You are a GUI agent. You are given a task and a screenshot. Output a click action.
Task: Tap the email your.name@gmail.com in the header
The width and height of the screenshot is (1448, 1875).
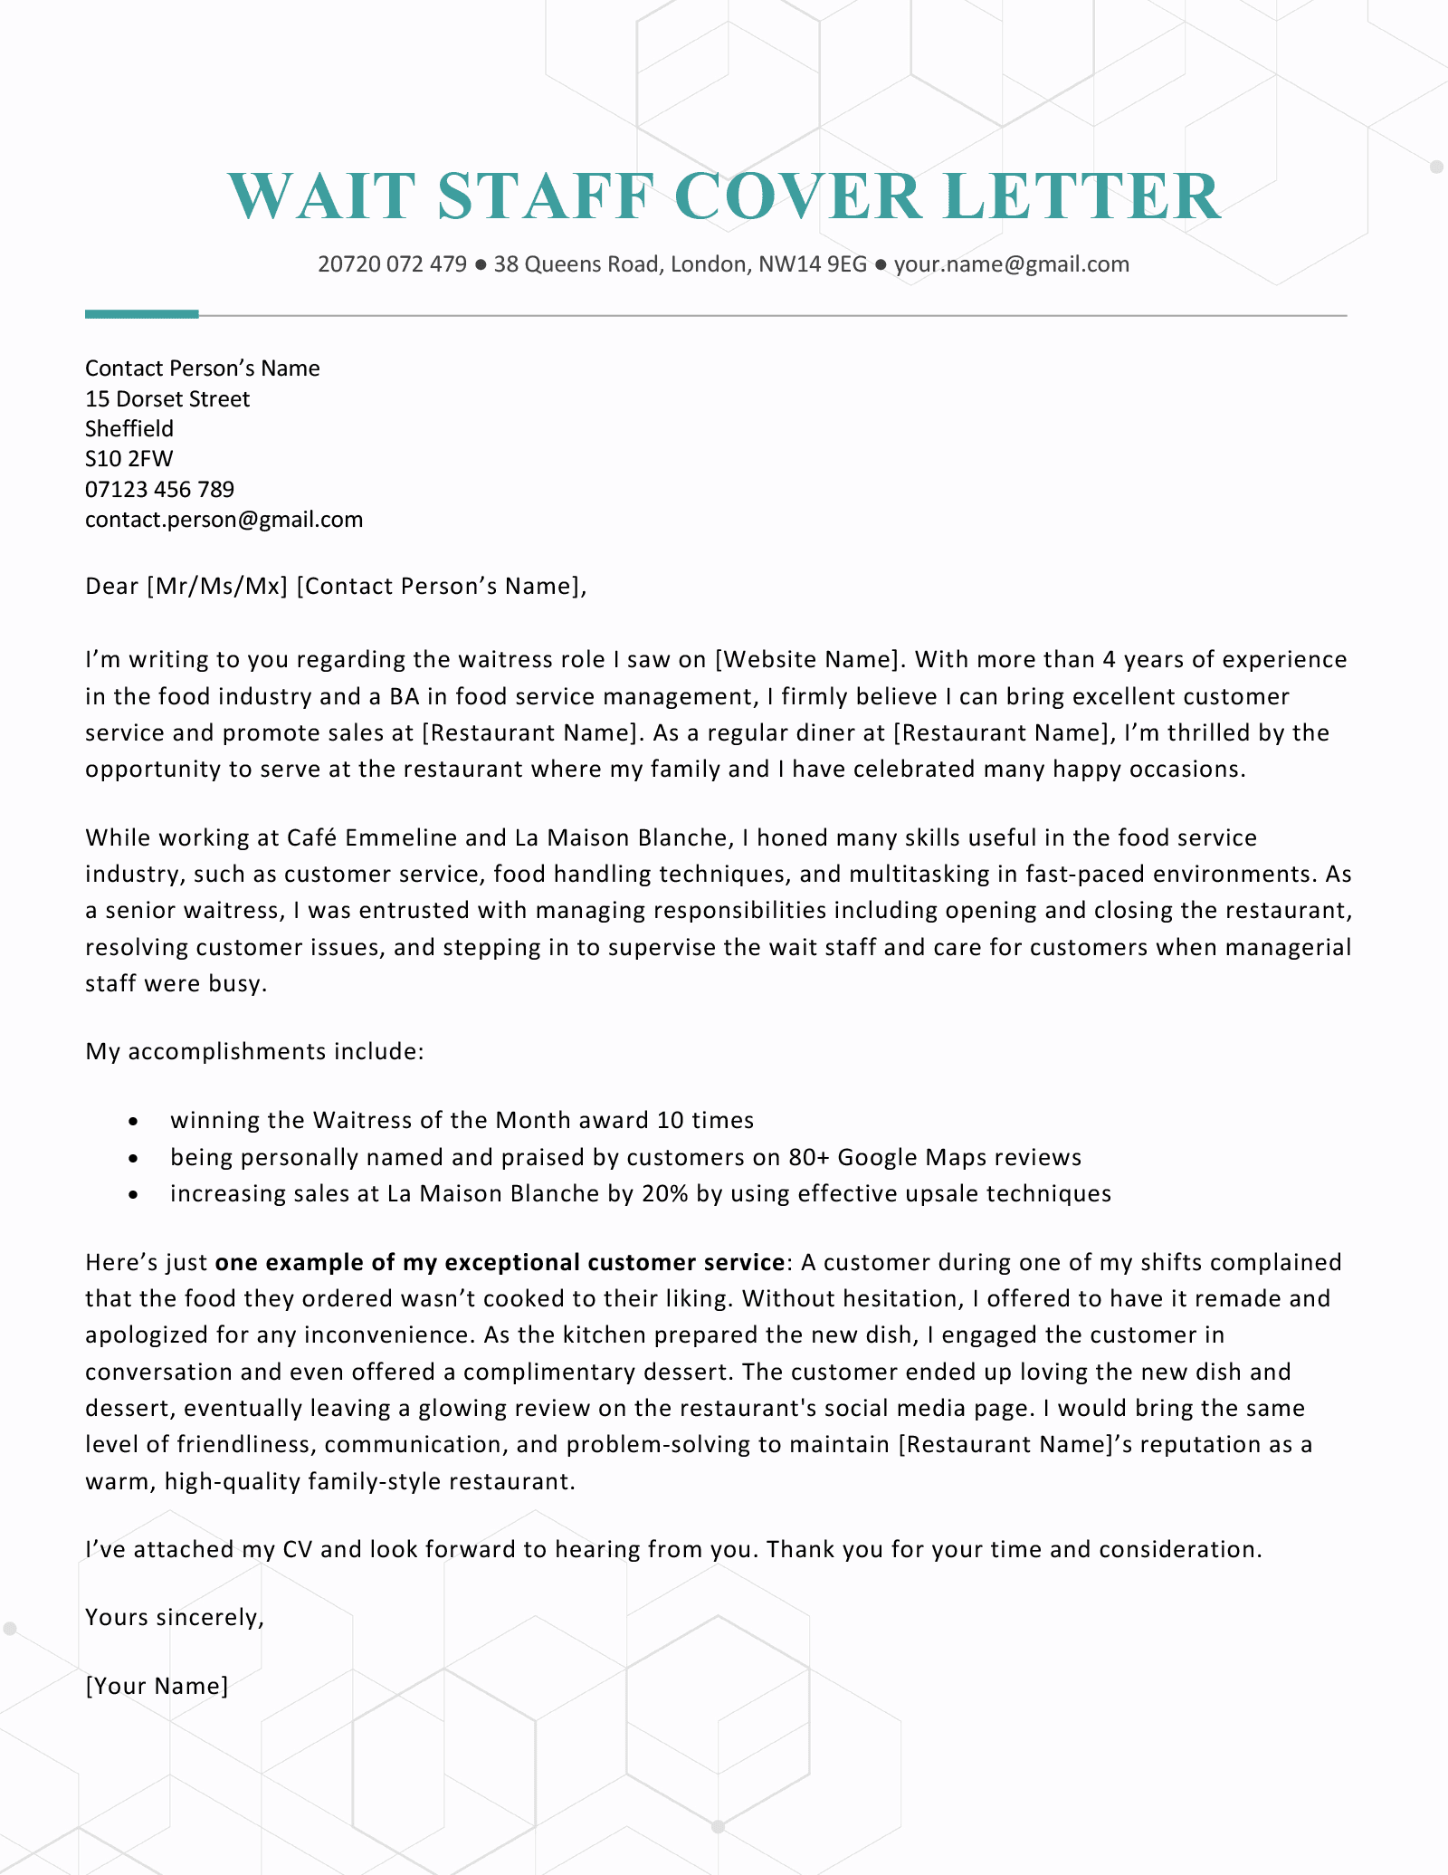pyautogui.click(x=1012, y=264)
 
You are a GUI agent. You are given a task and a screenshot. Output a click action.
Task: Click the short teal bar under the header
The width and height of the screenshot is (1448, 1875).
pyautogui.click(x=141, y=314)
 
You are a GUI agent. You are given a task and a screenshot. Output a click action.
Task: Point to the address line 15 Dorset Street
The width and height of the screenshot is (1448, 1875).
pyautogui.click(x=167, y=398)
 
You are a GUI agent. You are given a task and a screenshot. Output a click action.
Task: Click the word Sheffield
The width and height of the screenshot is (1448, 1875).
pyautogui.click(x=129, y=428)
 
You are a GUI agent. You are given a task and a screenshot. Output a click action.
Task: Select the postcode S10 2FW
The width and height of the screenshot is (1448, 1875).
pyautogui.click(x=129, y=459)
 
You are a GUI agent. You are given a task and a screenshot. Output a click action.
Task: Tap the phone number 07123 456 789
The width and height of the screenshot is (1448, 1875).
pyautogui.click(x=159, y=490)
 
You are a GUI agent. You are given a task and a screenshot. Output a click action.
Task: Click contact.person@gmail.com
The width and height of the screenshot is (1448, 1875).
pyautogui.click(x=224, y=520)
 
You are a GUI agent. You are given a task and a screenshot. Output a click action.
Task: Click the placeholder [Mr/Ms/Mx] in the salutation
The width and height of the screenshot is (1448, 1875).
pyautogui.click(x=216, y=587)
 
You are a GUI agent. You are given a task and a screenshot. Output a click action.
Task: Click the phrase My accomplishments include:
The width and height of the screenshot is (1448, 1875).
pyautogui.click(x=254, y=1051)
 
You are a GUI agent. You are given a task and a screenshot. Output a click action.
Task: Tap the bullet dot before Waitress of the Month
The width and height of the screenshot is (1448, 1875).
pyautogui.click(x=134, y=1121)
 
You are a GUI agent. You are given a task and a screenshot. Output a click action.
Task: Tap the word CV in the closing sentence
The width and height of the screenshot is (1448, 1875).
pyautogui.click(x=297, y=1549)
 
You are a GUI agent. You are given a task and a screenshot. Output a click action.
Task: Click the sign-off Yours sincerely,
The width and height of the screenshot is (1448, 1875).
pyautogui.click(x=175, y=1617)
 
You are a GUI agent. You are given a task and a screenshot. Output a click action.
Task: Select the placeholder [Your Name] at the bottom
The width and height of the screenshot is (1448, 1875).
pyautogui.click(x=157, y=1686)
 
